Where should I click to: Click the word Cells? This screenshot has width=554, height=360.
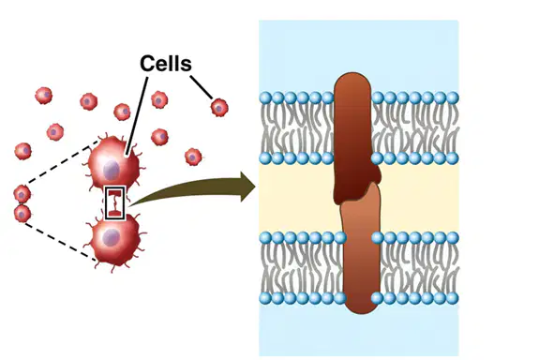(166, 64)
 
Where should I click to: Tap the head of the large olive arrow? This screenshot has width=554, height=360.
(248, 187)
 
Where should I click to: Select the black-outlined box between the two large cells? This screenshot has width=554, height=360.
(114, 203)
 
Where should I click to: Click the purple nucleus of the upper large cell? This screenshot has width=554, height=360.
(111, 170)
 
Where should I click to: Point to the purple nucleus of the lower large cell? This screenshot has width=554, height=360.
(111, 237)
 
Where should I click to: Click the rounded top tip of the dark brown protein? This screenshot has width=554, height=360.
(352, 75)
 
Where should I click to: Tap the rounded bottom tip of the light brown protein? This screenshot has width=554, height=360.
(361, 311)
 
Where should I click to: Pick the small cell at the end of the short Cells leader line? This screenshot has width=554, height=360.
(219, 108)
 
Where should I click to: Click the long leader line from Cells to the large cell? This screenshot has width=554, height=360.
(137, 115)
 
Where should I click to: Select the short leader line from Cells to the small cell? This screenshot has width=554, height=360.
(202, 87)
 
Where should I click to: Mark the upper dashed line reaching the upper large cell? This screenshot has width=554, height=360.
(61, 163)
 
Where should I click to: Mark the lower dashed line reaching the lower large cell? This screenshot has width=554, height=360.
(60, 242)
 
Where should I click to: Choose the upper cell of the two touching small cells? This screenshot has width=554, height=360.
(22, 194)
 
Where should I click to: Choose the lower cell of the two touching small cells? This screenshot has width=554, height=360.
(22, 214)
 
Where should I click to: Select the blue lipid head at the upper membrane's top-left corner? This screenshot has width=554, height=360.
(265, 97)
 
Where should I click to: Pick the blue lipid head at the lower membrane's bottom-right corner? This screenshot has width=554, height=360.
(453, 298)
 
